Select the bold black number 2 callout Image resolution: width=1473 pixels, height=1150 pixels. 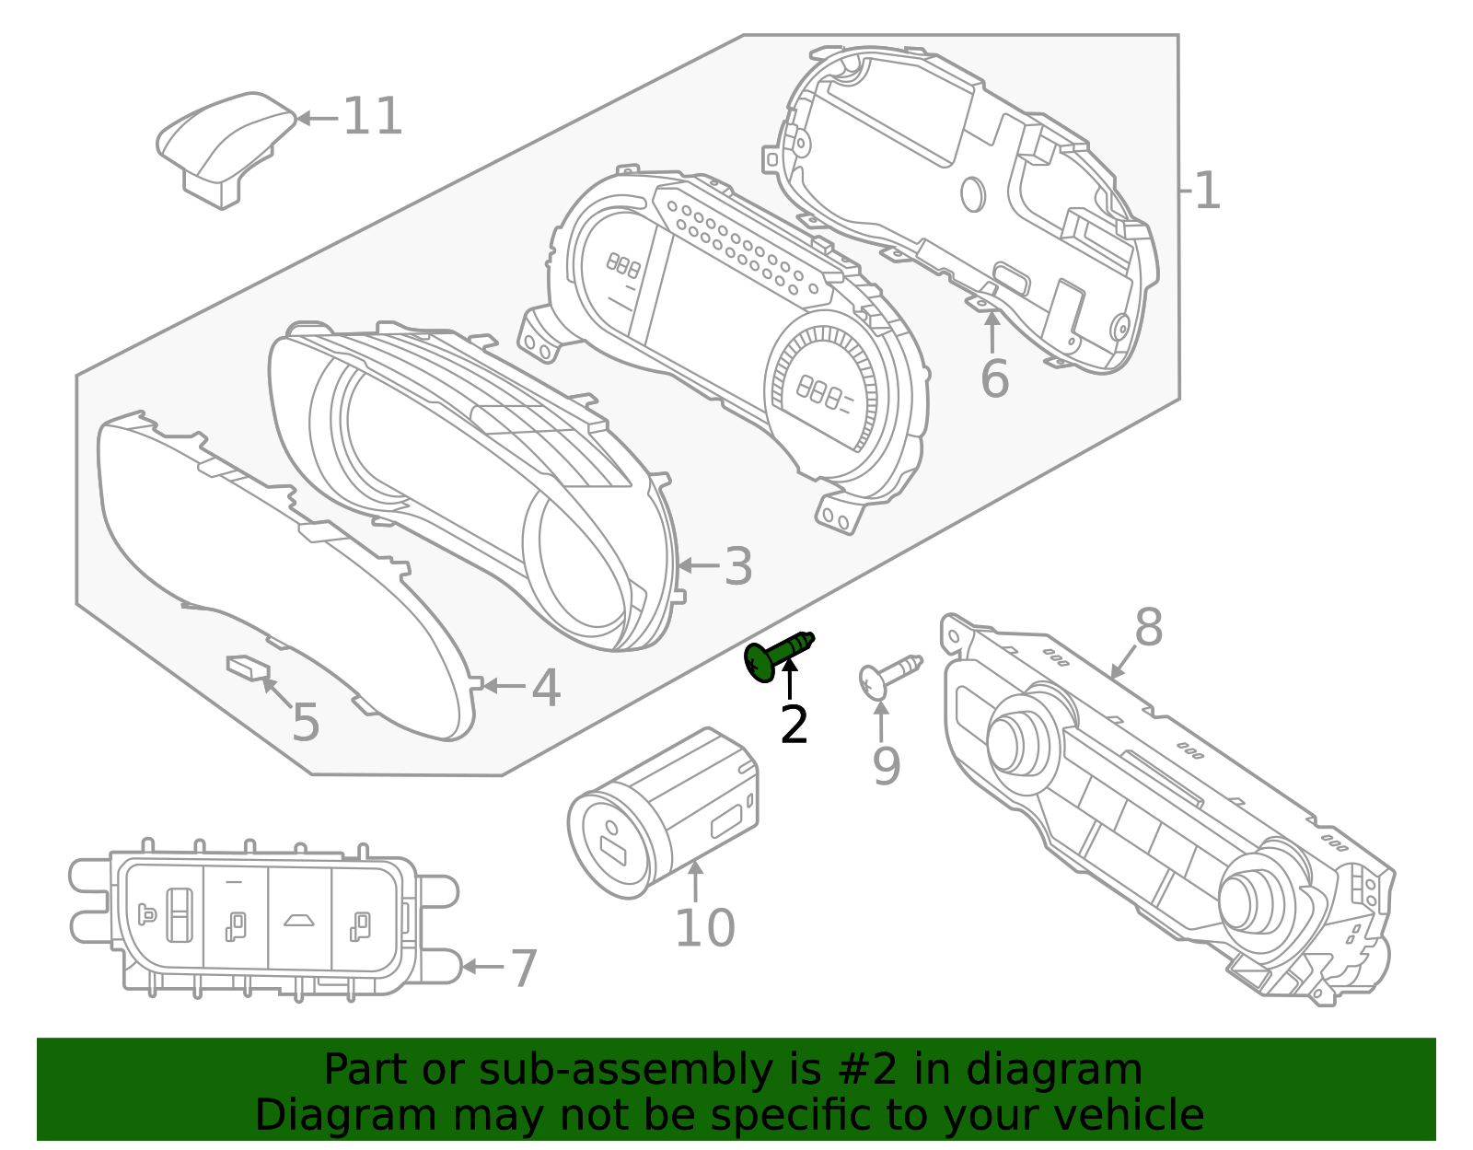pos(793,726)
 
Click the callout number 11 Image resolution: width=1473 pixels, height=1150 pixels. pos(372,117)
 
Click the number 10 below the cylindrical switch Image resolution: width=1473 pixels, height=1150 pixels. pos(704,928)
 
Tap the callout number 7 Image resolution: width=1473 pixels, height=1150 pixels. pos(524,969)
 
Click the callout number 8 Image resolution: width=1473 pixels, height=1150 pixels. pos(1148,629)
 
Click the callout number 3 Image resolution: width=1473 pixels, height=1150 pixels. pos(737,566)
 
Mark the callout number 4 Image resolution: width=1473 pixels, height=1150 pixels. pos(546,688)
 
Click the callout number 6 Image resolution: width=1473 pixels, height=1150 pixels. pos(994,379)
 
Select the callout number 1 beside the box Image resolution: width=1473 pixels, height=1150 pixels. pos(1206,192)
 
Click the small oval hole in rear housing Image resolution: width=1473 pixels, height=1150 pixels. pos(972,194)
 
